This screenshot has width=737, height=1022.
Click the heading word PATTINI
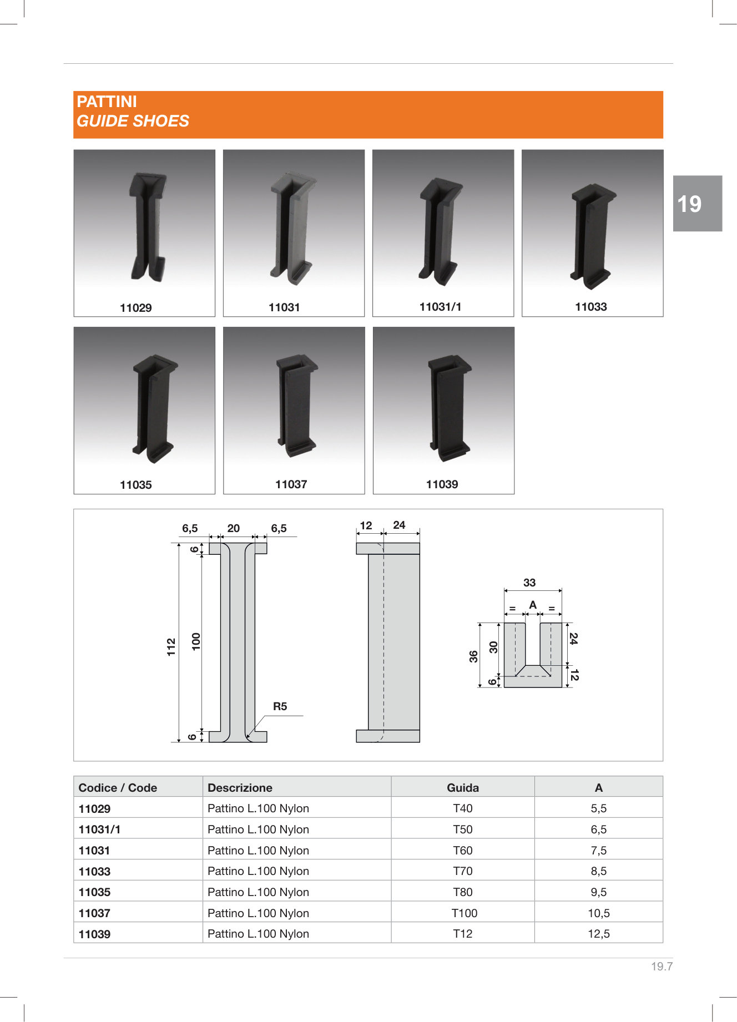pos(107,102)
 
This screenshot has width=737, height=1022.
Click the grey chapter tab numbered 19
pos(698,203)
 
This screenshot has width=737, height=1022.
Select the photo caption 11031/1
pos(440,307)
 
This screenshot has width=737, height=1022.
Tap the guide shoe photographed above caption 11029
pos(148,226)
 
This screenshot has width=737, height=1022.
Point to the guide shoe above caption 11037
pos(297,405)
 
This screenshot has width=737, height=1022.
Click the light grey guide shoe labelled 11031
pos(293,229)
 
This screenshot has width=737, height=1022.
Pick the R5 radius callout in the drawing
pos(280,706)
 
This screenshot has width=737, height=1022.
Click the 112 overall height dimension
pos(171,647)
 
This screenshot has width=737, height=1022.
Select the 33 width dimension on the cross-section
pos(529,583)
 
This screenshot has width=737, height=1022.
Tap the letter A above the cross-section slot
pos(533,605)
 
